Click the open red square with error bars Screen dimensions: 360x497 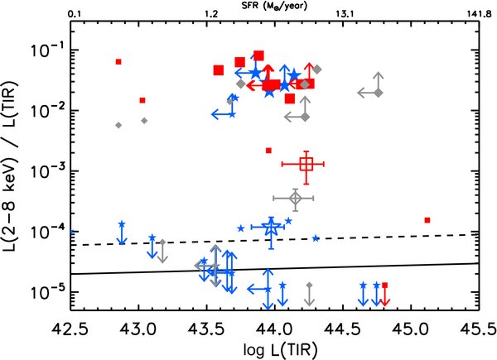pos(306,164)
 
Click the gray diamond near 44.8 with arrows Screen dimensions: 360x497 pos(379,94)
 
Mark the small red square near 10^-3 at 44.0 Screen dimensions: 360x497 pos(268,151)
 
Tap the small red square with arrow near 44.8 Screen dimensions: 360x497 pos(384,285)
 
